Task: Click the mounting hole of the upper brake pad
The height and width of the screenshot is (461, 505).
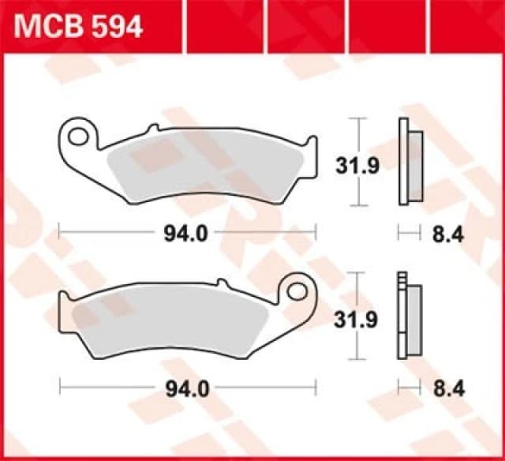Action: (77, 136)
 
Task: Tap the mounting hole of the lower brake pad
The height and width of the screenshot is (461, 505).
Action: (298, 290)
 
